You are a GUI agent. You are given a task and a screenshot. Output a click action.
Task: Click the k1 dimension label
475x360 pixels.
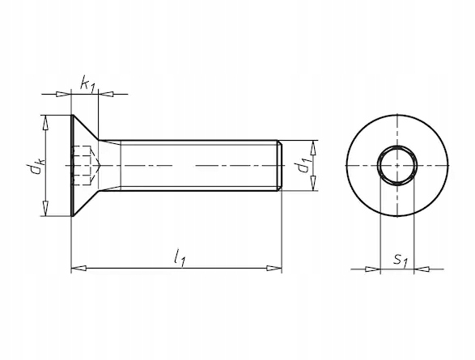click(x=88, y=84)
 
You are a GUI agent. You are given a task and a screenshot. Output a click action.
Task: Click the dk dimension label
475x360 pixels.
click(x=36, y=167)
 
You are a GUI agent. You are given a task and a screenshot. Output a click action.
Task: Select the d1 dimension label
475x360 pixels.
click(x=303, y=166)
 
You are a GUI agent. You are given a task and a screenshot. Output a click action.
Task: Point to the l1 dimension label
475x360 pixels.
click(x=180, y=258)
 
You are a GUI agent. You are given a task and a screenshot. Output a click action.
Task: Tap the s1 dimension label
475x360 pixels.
click(x=401, y=260)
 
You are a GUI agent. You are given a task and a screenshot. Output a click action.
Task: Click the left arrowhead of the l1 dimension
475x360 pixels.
click(x=78, y=269)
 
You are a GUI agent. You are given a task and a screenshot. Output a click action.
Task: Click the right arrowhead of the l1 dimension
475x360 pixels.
click(x=274, y=269)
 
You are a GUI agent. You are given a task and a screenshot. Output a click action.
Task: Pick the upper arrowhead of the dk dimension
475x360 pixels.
click(x=46, y=123)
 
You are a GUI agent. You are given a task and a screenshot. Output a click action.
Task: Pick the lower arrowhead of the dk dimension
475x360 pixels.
click(x=46, y=208)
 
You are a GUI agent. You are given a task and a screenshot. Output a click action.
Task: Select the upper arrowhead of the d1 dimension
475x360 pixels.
click(x=313, y=148)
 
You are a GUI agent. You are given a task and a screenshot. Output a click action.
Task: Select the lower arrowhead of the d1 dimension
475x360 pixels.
click(x=313, y=183)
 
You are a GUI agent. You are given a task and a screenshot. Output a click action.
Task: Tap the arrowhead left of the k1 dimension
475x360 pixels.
click(x=63, y=94)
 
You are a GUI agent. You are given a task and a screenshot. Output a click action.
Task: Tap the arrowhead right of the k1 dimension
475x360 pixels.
click(x=106, y=94)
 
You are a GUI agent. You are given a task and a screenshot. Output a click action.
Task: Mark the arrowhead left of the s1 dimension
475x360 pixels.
click(x=373, y=269)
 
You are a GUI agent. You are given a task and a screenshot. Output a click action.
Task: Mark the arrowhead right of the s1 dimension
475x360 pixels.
click(x=422, y=269)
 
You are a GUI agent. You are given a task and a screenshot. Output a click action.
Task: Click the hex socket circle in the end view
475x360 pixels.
click(x=378, y=166)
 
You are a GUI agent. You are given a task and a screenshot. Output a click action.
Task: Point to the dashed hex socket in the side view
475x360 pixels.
click(x=86, y=166)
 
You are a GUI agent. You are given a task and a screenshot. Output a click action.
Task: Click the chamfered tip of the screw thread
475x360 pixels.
click(x=280, y=166)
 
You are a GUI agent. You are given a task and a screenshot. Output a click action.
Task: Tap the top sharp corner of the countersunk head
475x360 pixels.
click(x=74, y=115)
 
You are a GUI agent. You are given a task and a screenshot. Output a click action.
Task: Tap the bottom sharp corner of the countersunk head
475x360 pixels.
click(x=74, y=216)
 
